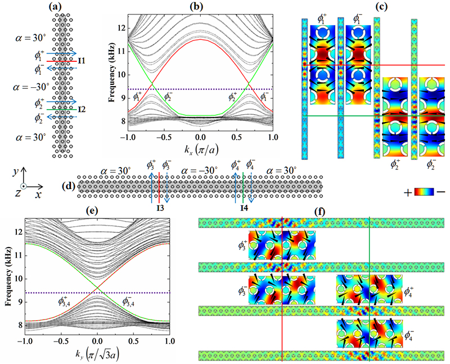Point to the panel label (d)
66,185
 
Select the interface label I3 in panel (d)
159,209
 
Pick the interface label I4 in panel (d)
244,209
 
